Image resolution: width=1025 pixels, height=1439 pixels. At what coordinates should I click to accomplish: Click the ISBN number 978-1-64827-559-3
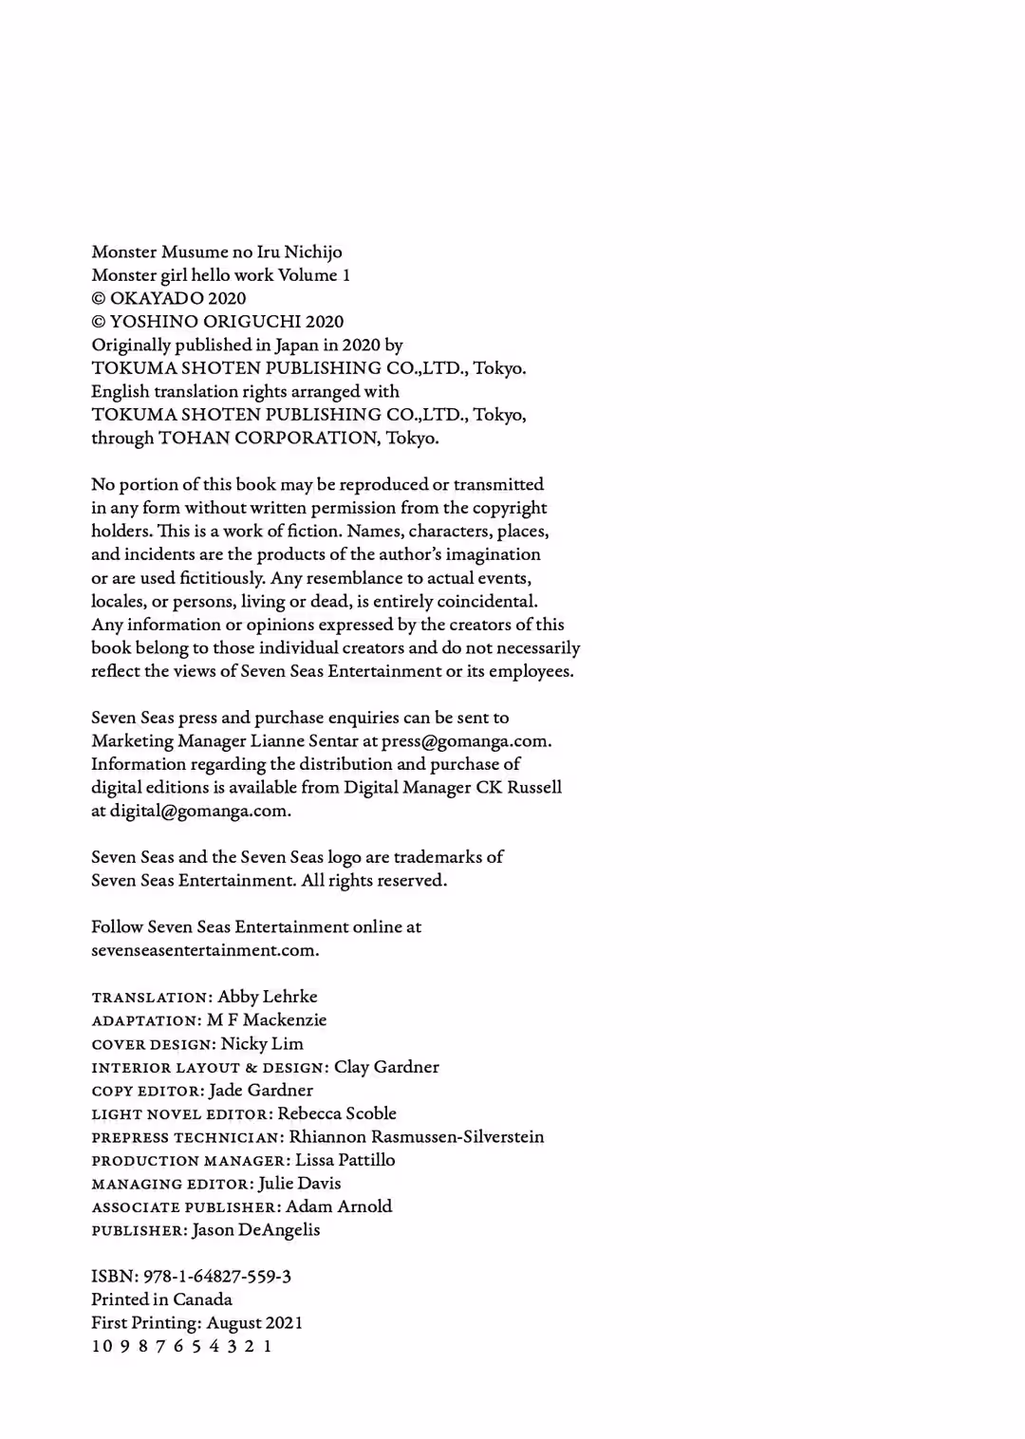(217, 1277)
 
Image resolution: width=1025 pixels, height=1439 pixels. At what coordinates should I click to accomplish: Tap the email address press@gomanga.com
(465, 741)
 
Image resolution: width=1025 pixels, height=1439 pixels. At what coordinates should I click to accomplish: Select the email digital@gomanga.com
(198, 812)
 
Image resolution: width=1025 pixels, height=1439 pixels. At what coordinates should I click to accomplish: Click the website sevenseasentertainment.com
(204, 950)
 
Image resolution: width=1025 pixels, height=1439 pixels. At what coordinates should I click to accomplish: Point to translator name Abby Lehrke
(268, 997)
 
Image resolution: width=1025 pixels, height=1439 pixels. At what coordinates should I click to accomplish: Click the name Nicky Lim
(262, 1043)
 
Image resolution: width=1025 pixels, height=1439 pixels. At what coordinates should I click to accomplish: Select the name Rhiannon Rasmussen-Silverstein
(417, 1136)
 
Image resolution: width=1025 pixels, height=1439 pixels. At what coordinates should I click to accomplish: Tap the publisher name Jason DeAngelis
(256, 1230)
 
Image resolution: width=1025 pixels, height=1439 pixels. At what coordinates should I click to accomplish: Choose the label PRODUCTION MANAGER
(189, 1161)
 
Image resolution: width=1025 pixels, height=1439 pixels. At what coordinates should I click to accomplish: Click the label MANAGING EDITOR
(172, 1185)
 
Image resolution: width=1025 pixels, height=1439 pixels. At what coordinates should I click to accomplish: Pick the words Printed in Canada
(161, 1299)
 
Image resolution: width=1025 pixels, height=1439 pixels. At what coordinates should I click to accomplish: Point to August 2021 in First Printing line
(254, 1323)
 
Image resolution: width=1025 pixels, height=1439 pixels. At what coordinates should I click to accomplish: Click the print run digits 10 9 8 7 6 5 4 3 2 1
(182, 1346)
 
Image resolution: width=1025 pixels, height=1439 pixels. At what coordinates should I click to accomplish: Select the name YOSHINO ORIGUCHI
(205, 322)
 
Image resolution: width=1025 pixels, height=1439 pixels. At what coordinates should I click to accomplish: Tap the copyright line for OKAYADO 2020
(168, 298)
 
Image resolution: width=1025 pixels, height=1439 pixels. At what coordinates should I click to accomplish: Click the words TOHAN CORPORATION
(268, 439)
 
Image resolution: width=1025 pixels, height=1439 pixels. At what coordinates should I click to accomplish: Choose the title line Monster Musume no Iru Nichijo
(216, 252)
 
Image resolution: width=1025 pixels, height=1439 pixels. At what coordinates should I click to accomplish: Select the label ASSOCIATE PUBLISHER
(184, 1207)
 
